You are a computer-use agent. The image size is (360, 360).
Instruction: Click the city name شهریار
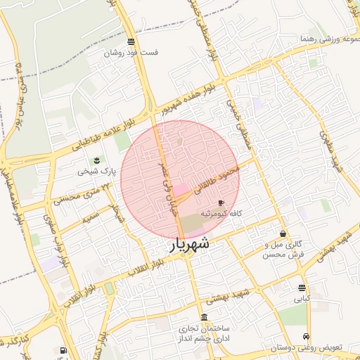click(189, 245)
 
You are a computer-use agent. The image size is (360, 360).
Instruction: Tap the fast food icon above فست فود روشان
click(131, 42)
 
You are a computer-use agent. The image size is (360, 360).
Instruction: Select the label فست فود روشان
click(131, 53)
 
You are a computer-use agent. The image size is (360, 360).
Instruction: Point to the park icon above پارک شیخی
click(97, 161)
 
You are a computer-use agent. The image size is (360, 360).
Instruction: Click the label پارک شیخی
click(94, 171)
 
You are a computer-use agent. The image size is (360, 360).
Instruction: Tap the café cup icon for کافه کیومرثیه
click(221, 203)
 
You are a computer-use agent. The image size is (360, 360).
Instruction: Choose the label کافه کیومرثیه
click(222, 212)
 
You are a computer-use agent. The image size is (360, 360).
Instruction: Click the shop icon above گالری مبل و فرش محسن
click(283, 234)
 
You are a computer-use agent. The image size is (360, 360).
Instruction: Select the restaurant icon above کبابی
click(302, 288)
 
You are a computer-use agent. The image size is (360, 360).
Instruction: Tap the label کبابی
click(302, 298)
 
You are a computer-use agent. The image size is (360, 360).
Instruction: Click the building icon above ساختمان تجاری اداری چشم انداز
click(204, 317)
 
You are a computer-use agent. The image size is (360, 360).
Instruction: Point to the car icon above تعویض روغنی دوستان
click(305, 337)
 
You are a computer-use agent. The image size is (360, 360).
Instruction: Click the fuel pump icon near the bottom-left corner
click(63, 350)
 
